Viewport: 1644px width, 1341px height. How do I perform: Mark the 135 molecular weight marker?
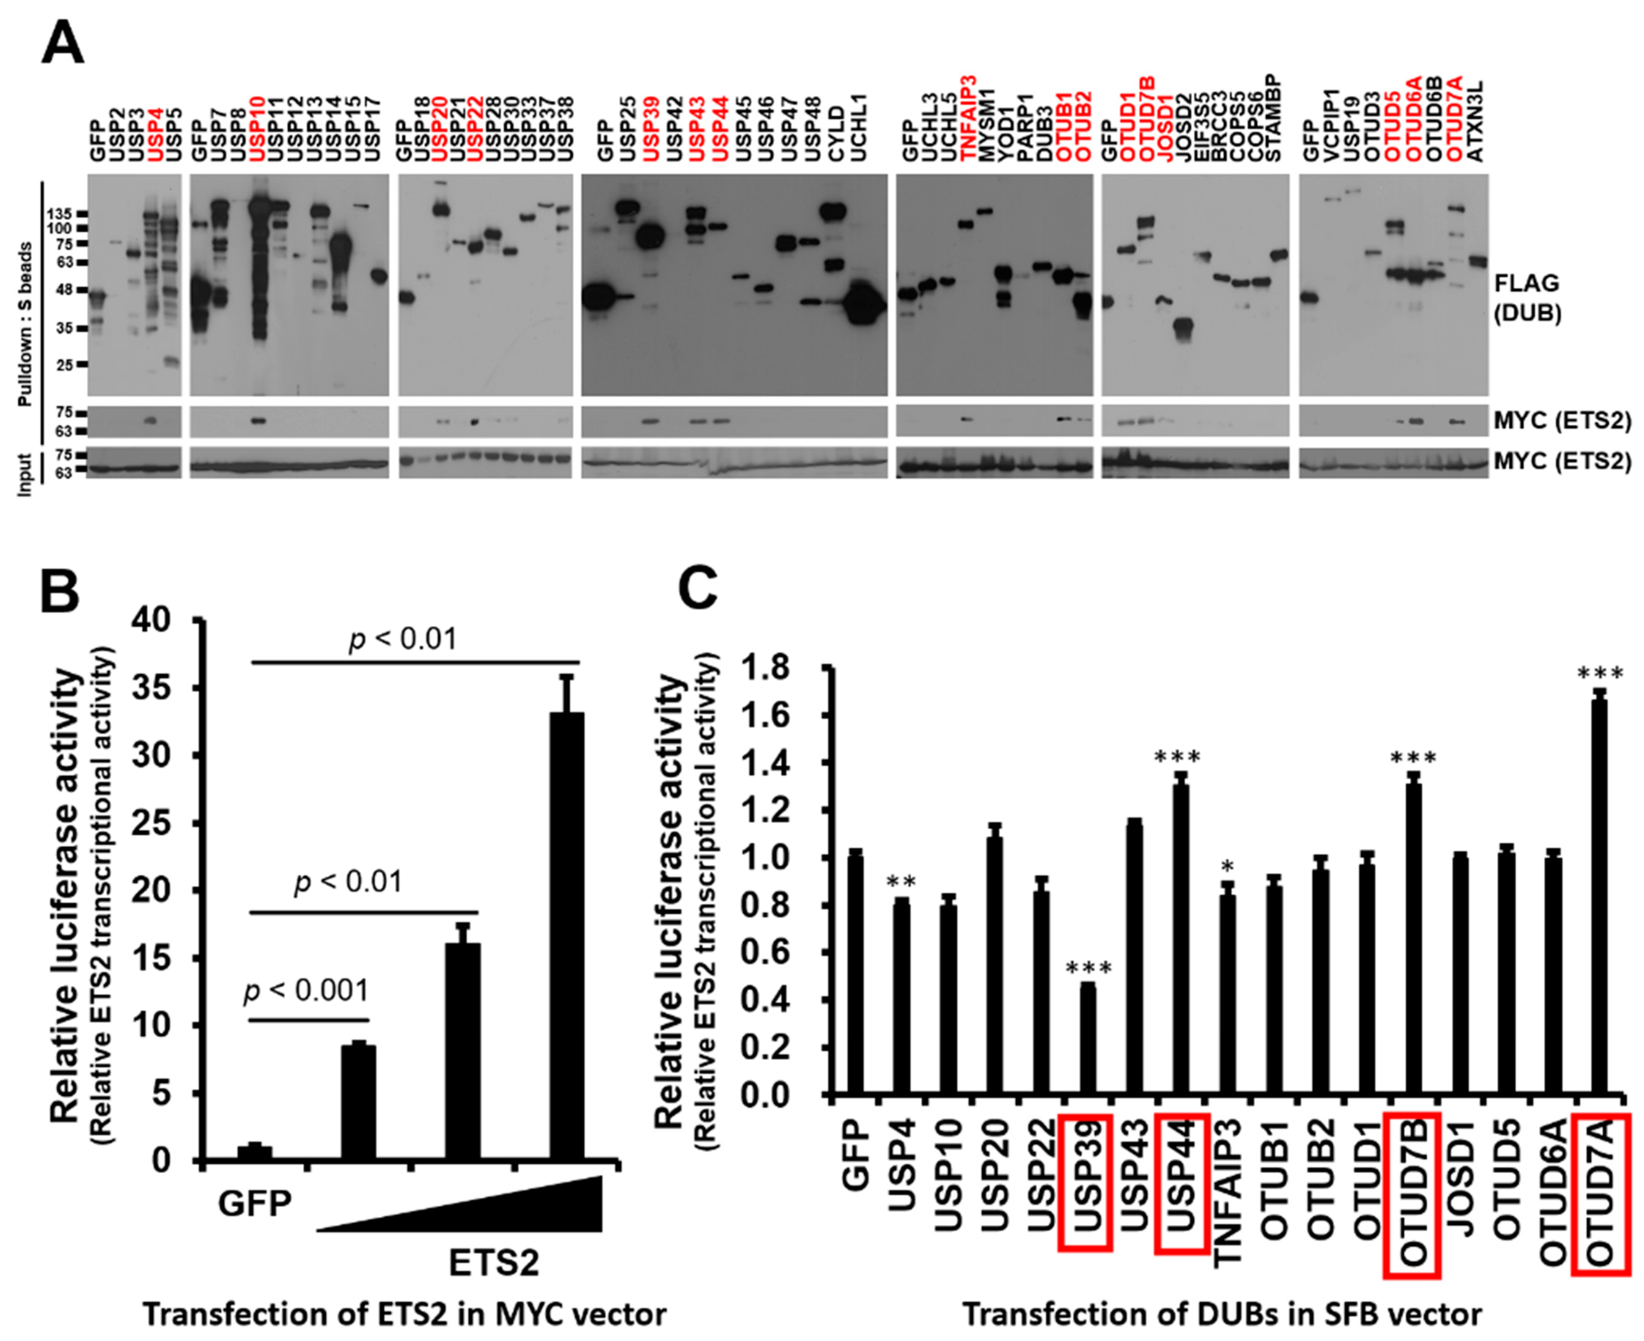60,214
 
